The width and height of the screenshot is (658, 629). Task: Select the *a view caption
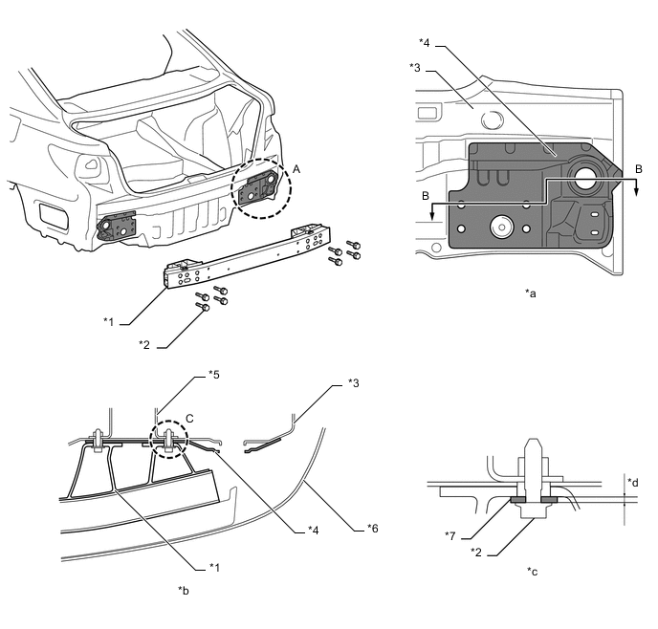(531, 293)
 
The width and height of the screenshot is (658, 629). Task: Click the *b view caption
(183, 591)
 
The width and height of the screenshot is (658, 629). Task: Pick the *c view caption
(531, 571)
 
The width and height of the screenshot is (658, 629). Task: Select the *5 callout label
(213, 374)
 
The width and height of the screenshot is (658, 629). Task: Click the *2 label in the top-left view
(143, 344)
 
